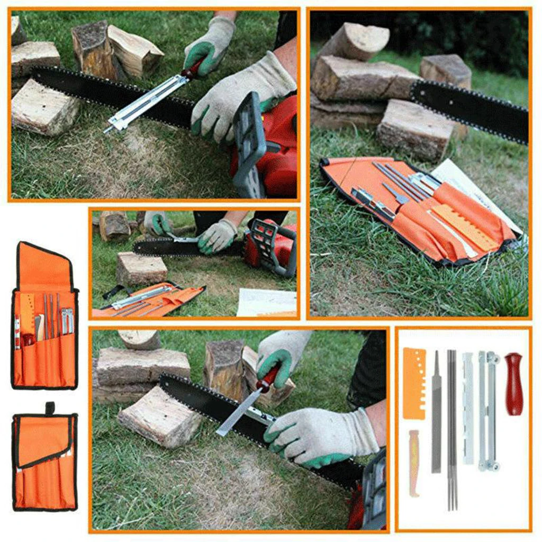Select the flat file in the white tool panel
point(436,413)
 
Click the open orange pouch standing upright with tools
point(44,318)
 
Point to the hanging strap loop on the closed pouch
point(50,408)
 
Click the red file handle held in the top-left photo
point(193,69)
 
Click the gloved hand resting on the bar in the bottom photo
point(318,434)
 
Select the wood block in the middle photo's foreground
point(141,268)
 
